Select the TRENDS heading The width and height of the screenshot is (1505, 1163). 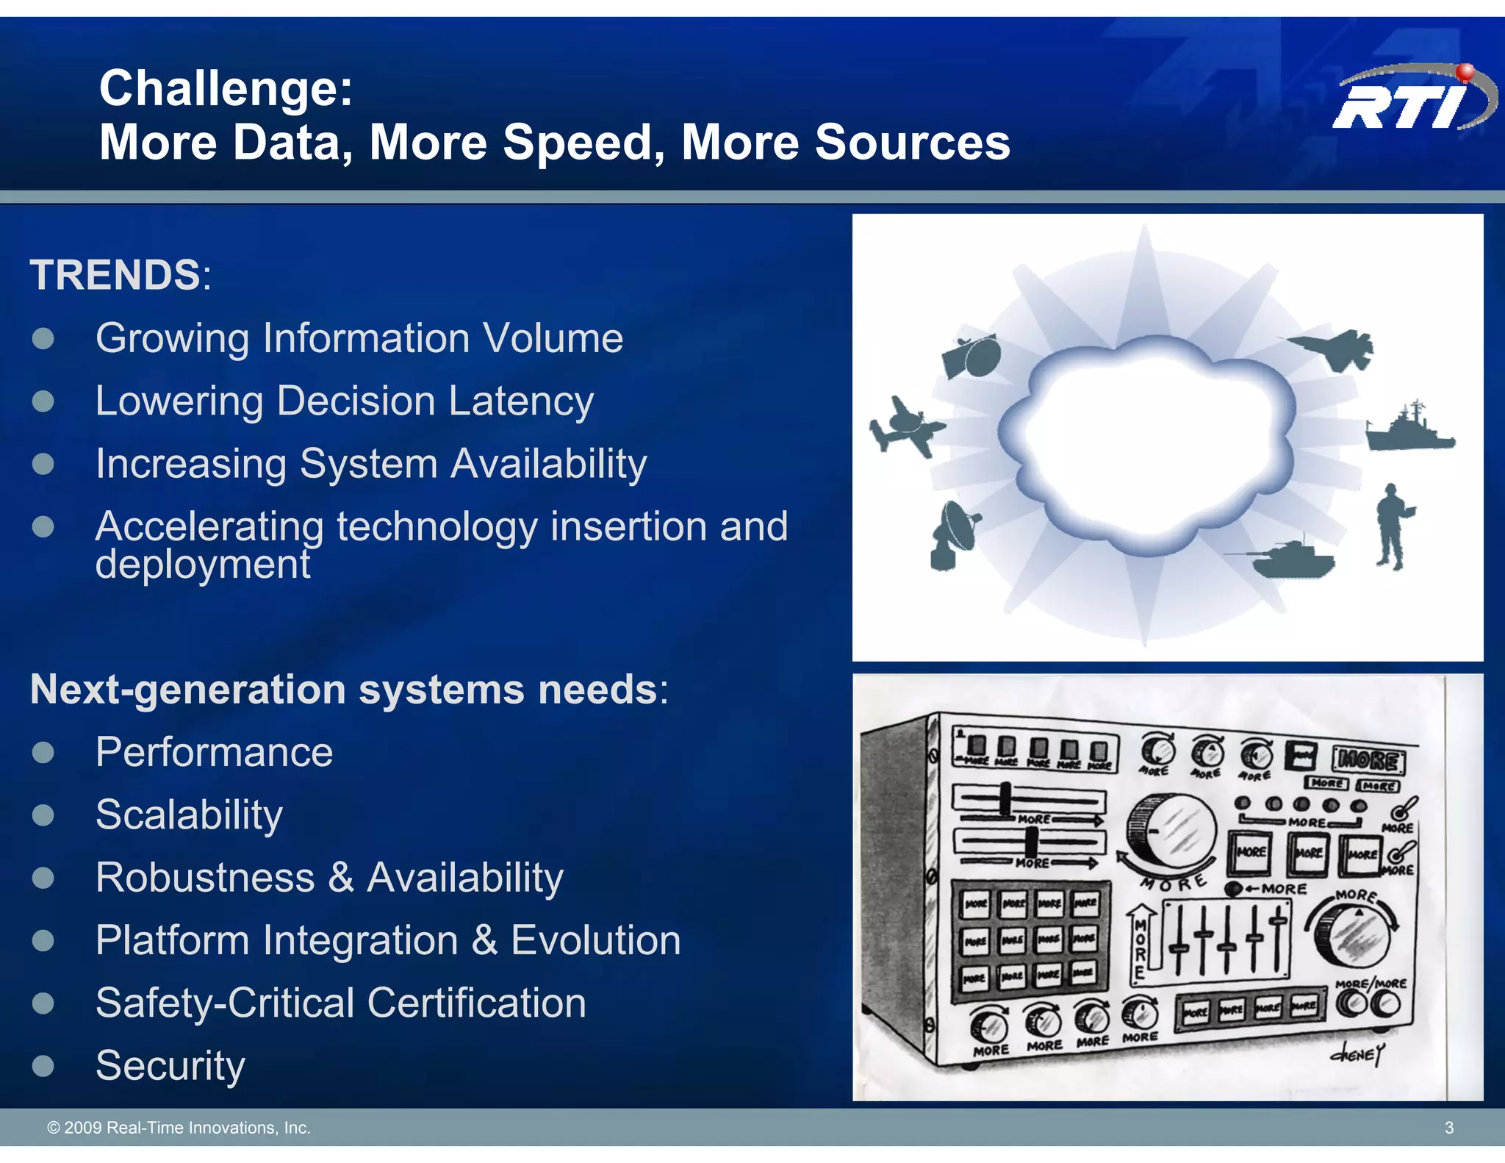point(115,275)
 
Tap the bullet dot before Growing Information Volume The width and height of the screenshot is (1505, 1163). point(43,338)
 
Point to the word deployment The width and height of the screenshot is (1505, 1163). point(203,565)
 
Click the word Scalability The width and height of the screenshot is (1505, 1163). point(189,815)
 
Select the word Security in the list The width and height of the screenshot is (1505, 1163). point(170,1065)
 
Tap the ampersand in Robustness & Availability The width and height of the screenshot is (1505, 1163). point(340,878)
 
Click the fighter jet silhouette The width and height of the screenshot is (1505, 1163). point(1332,348)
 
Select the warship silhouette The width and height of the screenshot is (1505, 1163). point(1409,429)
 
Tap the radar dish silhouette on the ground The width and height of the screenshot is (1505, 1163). point(954,534)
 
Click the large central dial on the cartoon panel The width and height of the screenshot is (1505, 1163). point(1173,834)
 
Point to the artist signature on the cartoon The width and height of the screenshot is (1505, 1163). point(1357,1054)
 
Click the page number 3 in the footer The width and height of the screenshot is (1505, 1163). point(1448,1128)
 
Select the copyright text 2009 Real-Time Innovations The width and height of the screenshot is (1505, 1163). point(179,1128)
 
